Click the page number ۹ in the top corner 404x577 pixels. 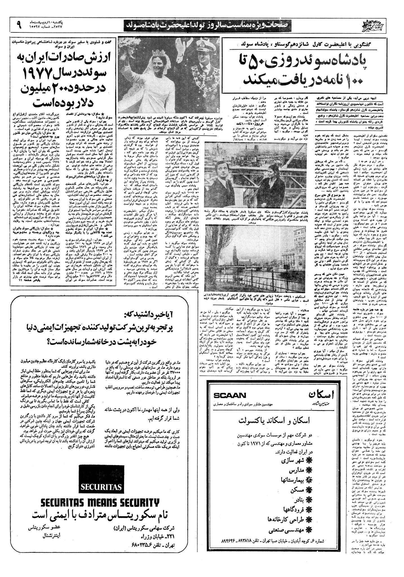pyautogui.click(x=19, y=25)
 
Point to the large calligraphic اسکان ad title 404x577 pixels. pyautogui.click(x=321, y=396)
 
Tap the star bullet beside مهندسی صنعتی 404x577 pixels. pyautogui.click(x=310, y=529)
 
